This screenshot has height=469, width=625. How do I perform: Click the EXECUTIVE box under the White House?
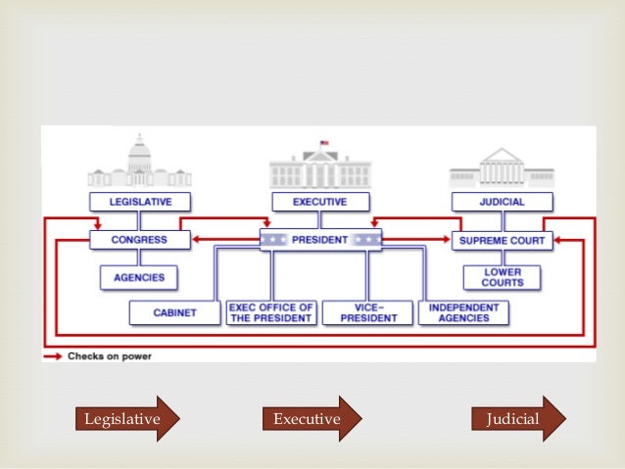320,202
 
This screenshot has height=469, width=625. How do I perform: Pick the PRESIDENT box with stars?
320,239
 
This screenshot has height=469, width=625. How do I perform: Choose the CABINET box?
174,312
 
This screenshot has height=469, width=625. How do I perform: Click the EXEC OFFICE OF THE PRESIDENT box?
270,312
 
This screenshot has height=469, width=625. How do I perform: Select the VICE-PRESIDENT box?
367,312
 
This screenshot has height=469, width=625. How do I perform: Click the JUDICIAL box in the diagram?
503,202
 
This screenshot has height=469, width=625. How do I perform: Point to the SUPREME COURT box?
503,239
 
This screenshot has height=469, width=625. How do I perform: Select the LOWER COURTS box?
503,277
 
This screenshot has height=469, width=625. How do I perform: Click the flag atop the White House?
323,143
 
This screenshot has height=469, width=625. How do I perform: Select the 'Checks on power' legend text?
110,356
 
